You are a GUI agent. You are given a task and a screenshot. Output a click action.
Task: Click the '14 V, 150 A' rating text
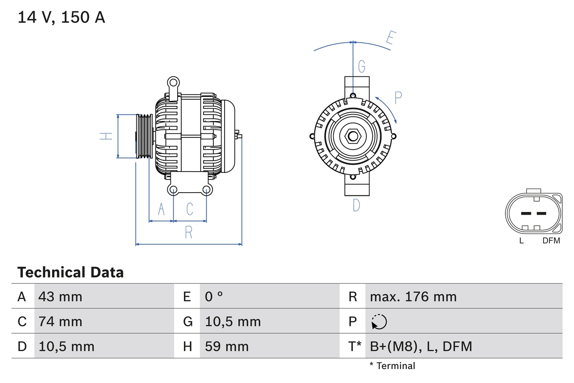61,17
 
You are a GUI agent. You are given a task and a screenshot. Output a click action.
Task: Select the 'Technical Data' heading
70,273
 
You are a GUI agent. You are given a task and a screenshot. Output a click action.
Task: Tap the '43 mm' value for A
60,296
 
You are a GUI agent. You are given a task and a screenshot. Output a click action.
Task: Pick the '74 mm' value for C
60,321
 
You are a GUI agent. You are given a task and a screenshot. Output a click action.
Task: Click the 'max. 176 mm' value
413,296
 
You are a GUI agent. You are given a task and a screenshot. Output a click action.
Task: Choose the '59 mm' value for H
226,346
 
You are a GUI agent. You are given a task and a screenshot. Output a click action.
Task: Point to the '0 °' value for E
214,296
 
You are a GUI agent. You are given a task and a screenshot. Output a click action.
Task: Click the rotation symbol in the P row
379,321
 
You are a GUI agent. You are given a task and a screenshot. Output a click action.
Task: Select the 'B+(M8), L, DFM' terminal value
421,346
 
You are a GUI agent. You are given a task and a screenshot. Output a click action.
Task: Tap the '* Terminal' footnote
392,366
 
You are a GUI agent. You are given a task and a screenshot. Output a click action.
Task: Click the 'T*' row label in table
355,346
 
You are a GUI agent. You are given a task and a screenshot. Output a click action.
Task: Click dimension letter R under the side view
189,233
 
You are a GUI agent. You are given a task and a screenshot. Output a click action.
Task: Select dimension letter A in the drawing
161,209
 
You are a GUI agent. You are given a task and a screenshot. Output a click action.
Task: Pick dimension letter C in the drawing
190,209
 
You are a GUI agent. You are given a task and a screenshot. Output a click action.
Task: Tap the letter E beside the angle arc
390,40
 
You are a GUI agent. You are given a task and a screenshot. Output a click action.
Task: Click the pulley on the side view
144,136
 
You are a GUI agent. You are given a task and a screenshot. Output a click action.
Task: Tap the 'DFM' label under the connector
551,241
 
